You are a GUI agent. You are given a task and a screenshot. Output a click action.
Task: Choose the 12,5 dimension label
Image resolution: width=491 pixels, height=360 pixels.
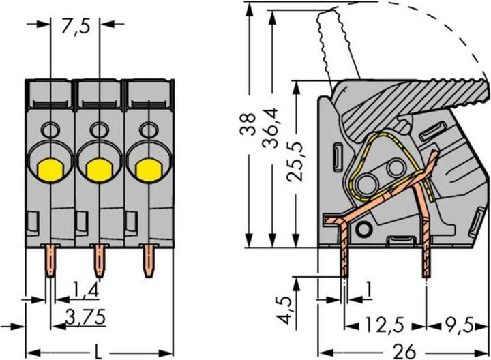coord(384,323)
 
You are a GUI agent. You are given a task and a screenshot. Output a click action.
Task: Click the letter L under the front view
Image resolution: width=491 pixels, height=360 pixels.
coord(99,351)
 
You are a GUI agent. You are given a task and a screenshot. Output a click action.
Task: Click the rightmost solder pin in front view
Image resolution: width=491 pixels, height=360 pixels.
coord(148,261)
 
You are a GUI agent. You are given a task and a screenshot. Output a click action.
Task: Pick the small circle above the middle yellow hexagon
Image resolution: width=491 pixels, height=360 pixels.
coord(99,128)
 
